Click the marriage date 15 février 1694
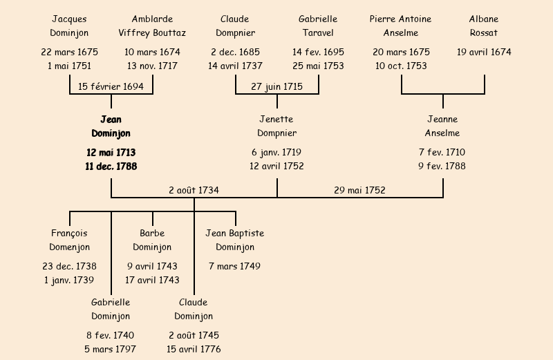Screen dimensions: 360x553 [111, 87]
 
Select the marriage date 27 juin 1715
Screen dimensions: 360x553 [276, 87]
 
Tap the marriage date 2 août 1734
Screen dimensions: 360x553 [194, 190]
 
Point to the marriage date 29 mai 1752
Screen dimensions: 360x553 [359, 190]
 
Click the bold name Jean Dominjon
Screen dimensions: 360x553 [111, 126]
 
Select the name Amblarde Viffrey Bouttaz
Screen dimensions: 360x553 [152, 26]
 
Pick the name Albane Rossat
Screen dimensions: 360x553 [484, 26]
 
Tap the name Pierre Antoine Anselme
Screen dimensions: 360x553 [401, 26]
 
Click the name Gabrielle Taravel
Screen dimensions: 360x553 [318, 26]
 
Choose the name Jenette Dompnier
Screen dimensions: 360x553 [276, 126]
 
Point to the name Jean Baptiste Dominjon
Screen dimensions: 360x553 [235, 240]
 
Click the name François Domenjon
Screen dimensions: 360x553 [69, 240]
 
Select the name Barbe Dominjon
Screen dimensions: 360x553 [152, 240]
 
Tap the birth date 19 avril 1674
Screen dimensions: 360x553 [484, 52]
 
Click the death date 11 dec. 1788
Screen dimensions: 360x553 [111, 167]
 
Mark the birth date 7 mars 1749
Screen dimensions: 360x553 [235, 266]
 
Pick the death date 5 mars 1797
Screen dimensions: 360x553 [111, 349]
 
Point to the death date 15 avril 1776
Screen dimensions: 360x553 [194, 349]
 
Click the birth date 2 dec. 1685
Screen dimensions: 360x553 [235, 52]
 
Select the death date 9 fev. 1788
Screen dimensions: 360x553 [442, 167]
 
